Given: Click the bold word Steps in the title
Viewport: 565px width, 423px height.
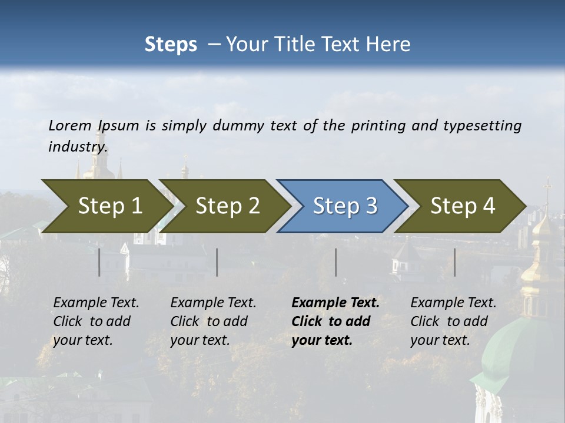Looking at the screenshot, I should pyautogui.click(x=171, y=45).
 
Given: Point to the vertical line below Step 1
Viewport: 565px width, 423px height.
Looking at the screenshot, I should pyautogui.click(x=99, y=262).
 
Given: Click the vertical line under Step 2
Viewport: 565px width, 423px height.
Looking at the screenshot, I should pyautogui.click(x=217, y=262).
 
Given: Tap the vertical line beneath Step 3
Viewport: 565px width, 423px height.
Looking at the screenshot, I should pyautogui.click(x=336, y=262).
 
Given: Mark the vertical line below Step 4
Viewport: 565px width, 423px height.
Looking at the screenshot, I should pyautogui.click(x=454, y=262).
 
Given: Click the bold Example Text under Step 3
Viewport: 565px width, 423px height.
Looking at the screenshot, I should pyautogui.click(x=335, y=303).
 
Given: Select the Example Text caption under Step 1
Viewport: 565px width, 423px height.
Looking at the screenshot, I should pyautogui.click(x=96, y=303).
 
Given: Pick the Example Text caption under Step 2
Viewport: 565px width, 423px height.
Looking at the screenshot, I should pyautogui.click(x=213, y=303).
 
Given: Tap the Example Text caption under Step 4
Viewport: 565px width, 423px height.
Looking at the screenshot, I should pyautogui.click(x=453, y=303).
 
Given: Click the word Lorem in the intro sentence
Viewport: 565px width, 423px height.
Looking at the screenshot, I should pyautogui.click(x=70, y=126).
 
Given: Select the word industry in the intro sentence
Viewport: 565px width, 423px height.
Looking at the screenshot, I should pyautogui.click(x=78, y=147).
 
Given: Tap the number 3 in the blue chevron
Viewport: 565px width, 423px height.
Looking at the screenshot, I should pyautogui.click(x=371, y=206).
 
